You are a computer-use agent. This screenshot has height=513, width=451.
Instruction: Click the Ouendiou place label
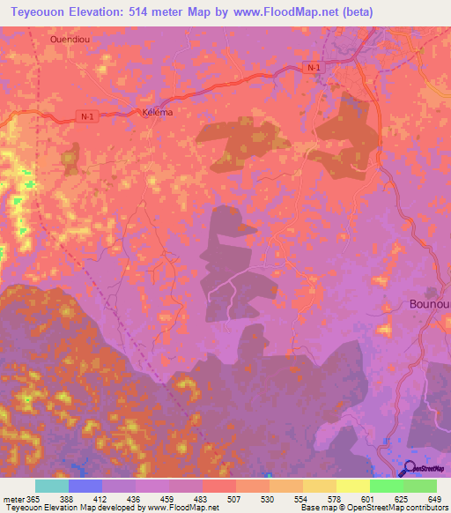point(70,40)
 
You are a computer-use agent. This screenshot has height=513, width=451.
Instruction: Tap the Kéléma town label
point(157,114)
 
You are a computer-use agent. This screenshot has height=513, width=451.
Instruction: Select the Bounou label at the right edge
point(429,304)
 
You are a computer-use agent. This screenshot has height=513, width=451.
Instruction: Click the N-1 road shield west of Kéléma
point(85,116)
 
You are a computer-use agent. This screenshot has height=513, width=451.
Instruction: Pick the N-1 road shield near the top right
point(312,68)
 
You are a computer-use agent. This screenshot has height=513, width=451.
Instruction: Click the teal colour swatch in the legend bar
point(51,487)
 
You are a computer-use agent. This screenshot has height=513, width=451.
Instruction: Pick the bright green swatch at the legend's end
point(419,487)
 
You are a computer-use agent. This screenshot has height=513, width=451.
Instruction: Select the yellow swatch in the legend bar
point(352,487)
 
